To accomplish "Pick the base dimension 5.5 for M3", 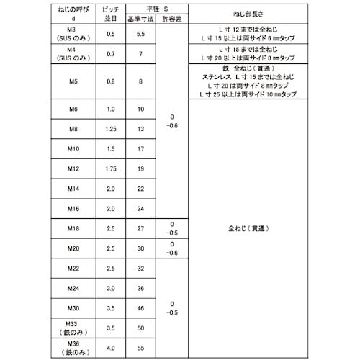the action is coord(140,34).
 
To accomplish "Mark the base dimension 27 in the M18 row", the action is coord(140,229).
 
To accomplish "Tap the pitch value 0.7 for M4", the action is coord(111,54).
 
